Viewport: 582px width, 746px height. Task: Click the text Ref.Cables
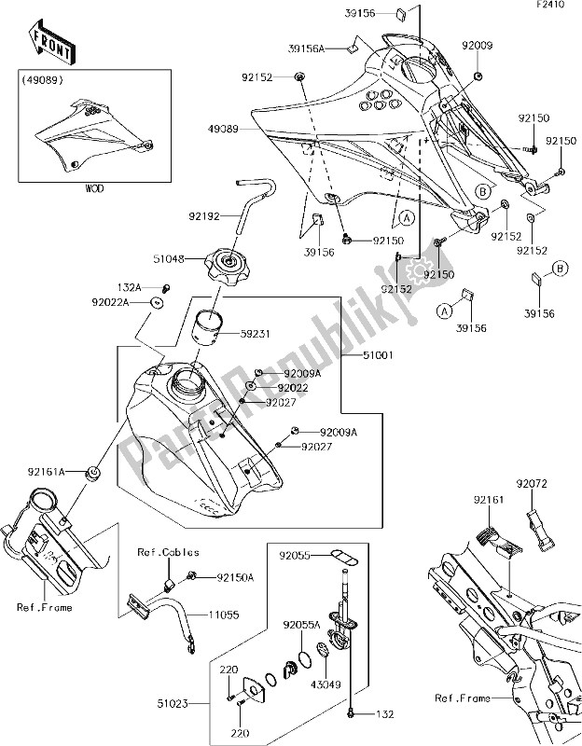160,552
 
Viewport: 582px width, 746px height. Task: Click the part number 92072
534,485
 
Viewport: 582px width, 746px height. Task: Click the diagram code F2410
561,7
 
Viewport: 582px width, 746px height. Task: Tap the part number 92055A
306,625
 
